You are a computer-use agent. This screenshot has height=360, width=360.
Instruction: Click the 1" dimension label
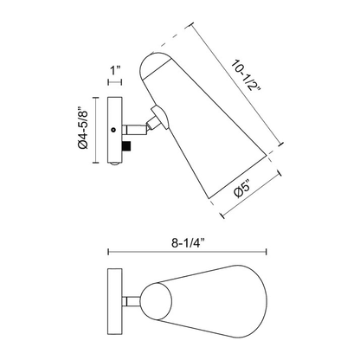pyautogui.click(x=114, y=70)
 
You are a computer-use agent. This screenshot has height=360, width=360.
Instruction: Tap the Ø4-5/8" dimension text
pyautogui.click(x=83, y=128)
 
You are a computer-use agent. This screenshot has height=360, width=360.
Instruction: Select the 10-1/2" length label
pyautogui.click(x=246, y=75)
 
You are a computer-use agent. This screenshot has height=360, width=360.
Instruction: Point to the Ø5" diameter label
pyautogui.click(x=242, y=189)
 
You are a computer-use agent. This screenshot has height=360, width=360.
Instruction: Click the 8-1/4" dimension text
pyautogui.click(x=188, y=243)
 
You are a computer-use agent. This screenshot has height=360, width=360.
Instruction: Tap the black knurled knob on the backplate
pyautogui.click(x=126, y=146)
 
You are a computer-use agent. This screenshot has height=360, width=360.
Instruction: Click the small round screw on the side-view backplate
pyautogui.click(x=114, y=130)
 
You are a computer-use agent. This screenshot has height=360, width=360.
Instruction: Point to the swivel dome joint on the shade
pyautogui.click(x=160, y=116)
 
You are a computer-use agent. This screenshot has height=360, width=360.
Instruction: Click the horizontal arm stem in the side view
pyautogui.click(x=134, y=130)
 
